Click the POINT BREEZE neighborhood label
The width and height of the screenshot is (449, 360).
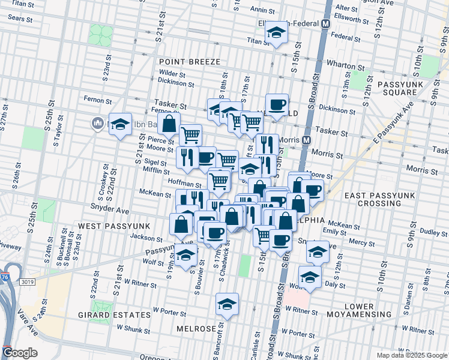(190, 62)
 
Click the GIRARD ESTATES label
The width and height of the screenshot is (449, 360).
(114, 314)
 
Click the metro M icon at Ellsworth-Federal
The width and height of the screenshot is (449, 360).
(326, 24)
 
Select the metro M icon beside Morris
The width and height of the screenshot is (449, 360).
(307, 140)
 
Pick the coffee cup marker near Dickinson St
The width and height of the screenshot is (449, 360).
(277, 105)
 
